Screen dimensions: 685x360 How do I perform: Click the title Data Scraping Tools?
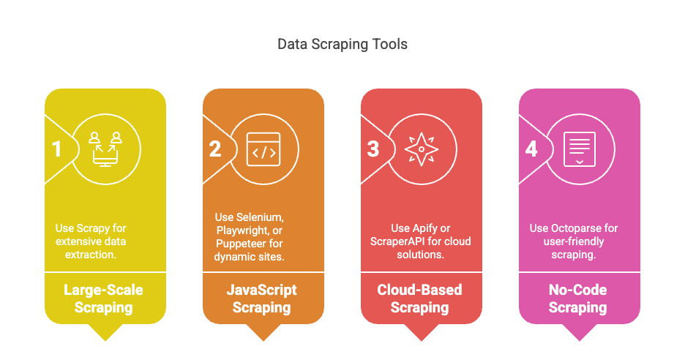342,45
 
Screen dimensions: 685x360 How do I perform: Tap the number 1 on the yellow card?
56,149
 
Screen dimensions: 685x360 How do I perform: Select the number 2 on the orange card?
215,149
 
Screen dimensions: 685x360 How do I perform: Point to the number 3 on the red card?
373,149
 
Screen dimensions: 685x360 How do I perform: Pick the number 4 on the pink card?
531,149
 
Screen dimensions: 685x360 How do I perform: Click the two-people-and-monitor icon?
105,149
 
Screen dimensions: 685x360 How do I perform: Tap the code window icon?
263,149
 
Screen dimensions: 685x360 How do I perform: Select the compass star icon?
422,149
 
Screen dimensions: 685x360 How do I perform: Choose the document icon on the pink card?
580,149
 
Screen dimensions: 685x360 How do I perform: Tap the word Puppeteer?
237,244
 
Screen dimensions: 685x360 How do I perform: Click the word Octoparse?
573,228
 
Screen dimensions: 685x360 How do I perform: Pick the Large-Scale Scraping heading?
103,299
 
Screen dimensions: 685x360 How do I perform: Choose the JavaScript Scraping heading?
262,299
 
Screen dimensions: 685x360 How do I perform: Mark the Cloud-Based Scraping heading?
420,299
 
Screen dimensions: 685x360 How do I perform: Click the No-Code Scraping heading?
578,299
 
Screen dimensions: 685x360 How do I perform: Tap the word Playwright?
242,230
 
